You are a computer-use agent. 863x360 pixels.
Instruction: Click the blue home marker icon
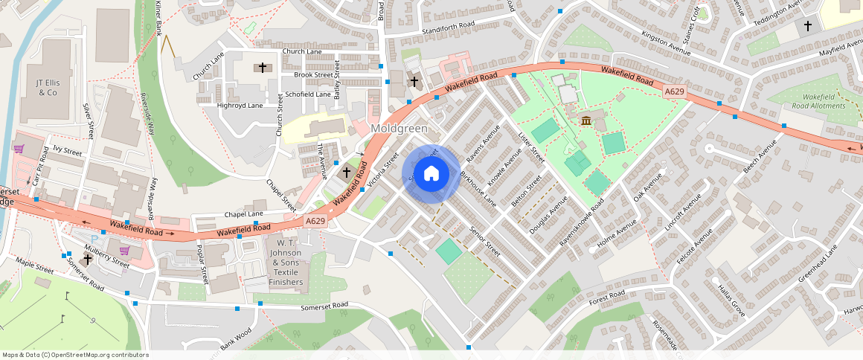pos(431,174)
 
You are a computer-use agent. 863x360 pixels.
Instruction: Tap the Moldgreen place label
pos(399,129)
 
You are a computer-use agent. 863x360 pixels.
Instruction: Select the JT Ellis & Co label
pos(47,87)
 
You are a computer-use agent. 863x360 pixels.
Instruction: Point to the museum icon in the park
pos(586,120)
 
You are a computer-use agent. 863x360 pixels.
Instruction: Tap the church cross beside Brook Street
pos(261,68)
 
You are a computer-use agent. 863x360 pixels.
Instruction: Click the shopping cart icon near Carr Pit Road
pos(18,148)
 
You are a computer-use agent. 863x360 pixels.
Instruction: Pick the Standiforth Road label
pos(448,25)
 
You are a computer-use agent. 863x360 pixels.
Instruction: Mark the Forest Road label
pos(606,296)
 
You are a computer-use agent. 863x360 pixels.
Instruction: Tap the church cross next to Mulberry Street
pos(88,260)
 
